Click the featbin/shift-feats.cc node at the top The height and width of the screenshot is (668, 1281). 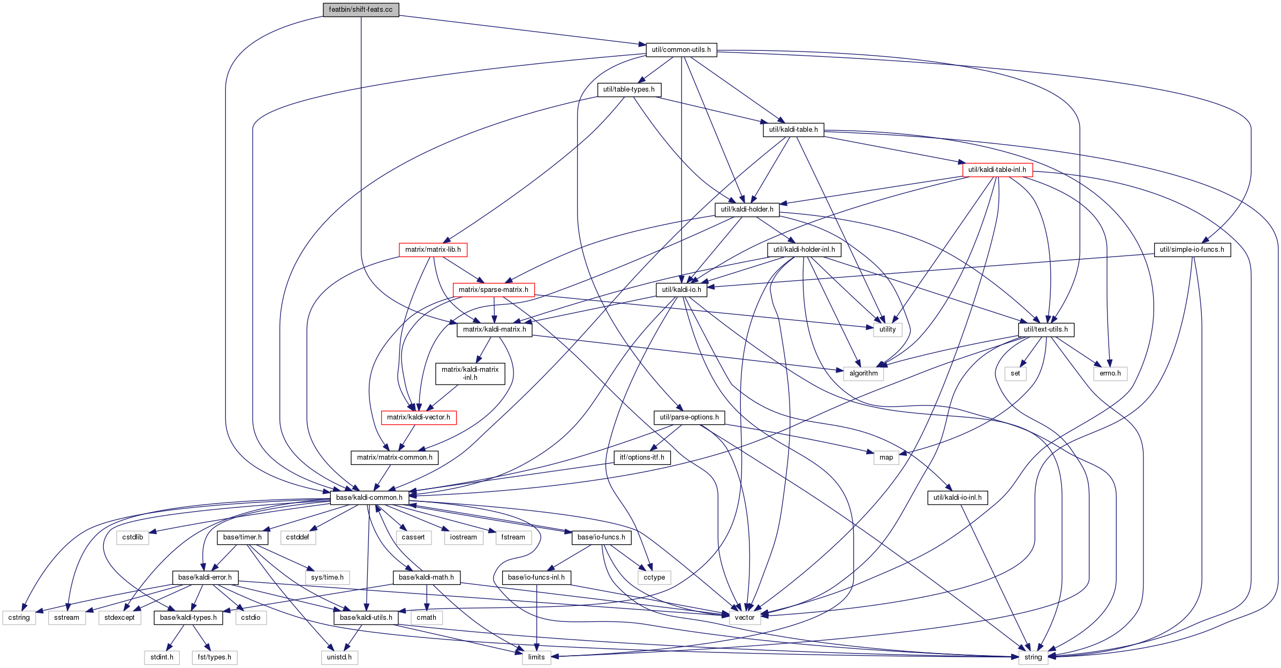click(x=361, y=10)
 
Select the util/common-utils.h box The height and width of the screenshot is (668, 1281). click(x=681, y=50)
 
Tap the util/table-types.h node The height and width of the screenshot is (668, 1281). click(x=629, y=89)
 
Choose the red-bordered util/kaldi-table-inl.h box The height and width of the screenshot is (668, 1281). click(x=997, y=170)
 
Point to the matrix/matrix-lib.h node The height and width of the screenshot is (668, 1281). click(x=433, y=250)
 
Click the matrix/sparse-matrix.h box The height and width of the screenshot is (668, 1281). click(x=494, y=290)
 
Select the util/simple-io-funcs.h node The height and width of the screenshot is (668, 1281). click(x=1192, y=250)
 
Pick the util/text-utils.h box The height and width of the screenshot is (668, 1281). click(x=1046, y=329)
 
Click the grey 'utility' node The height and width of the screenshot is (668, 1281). click(x=888, y=329)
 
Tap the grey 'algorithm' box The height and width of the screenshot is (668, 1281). click(x=863, y=373)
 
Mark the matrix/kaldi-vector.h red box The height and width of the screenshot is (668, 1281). click(x=419, y=417)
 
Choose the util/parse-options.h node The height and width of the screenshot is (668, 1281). click(x=689, y=417)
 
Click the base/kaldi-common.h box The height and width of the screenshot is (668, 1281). click(x=369, y=498)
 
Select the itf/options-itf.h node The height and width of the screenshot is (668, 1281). click(x=642, y=457)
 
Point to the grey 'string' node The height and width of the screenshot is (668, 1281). click(x=1033, y=657)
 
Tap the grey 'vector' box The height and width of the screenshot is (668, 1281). click(x=745, y=618)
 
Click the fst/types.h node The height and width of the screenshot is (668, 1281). click(x=215, y=657)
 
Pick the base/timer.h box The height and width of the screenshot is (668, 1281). click(x=242, y=537)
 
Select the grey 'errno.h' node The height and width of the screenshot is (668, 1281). click(x=1110, y=373)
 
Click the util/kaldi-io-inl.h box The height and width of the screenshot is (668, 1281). click(x=958, y=498)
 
